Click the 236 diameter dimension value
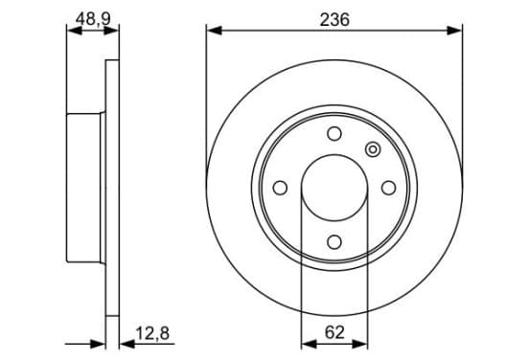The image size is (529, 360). [334, 19]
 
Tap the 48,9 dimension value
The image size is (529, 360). [93, 18]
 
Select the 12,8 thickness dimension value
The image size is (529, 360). [152, 333]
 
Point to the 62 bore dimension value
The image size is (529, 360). [334, 332]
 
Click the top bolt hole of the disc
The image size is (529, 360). [334, 133]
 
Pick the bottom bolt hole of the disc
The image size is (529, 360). [334, 242]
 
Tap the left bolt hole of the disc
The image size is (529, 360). [280, 188]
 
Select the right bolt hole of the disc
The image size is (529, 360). [389, 188]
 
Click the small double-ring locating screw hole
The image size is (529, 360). [373, 149]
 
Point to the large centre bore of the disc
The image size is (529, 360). [334, 188]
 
